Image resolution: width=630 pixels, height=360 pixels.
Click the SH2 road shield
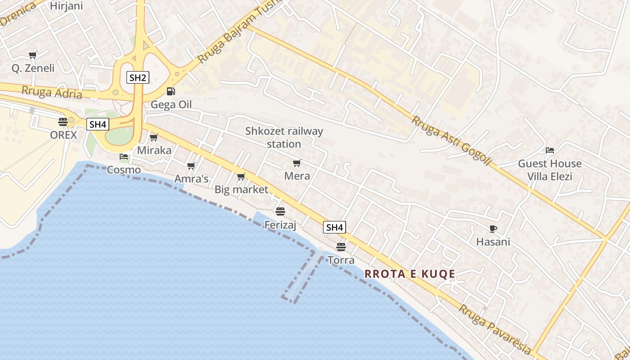click(137, 77)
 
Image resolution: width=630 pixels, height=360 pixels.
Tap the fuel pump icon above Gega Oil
click(171, 91)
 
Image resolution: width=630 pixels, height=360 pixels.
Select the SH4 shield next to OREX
click(98, 124)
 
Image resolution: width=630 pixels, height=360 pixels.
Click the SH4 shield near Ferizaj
click(334, 227)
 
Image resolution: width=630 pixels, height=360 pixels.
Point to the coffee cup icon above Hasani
click(493, 229)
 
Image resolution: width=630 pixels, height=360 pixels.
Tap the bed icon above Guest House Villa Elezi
click(549, 150)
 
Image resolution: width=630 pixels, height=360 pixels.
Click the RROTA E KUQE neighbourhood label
click(409, 274)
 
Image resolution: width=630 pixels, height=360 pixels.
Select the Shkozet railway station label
click(284, 137)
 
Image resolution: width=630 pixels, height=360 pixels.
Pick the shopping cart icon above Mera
click(297, 163)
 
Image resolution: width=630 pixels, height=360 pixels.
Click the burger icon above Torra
click(341, 247)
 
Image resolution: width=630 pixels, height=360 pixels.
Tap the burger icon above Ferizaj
click(280, 211)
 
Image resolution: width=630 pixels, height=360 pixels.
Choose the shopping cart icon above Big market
click(241, 176)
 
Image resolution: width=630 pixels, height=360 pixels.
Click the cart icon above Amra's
click(191, 166)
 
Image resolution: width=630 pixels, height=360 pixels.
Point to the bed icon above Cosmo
click(123, 157)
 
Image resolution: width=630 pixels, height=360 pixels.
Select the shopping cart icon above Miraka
click(154, 137)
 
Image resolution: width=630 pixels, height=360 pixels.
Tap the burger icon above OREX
click(63, 121)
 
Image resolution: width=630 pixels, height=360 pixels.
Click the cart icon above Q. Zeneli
click(32, 55)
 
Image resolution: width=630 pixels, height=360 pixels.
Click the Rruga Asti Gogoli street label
click(450, 140)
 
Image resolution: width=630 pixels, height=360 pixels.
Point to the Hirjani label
click(66, 6)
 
